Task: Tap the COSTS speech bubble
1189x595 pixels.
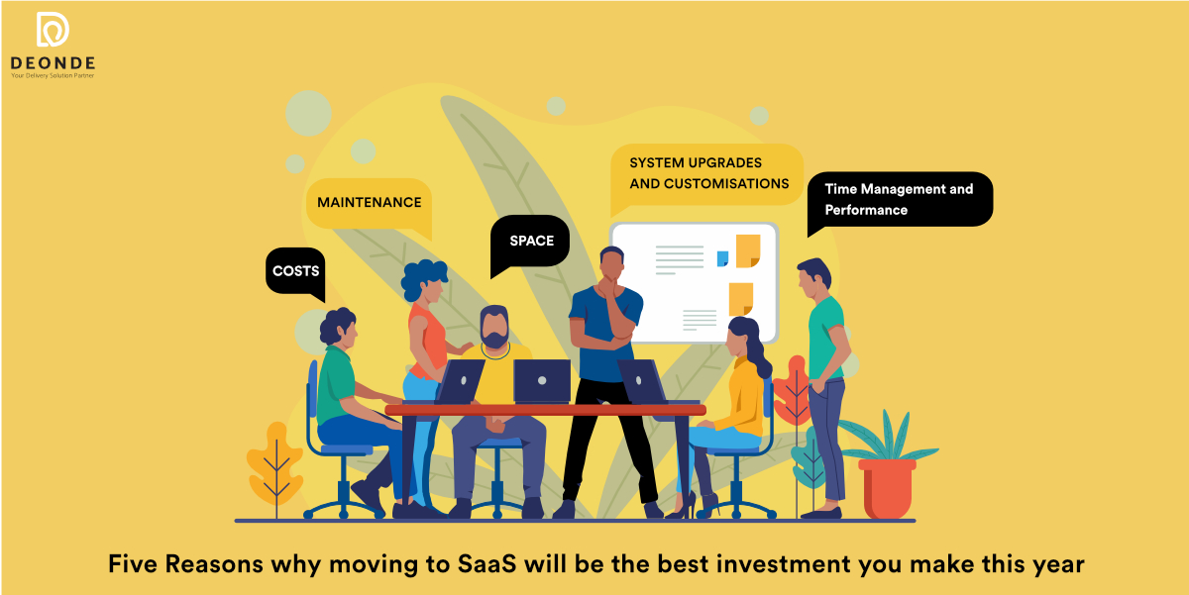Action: click(x=295, y=272)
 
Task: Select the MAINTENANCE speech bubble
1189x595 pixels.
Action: click(x=370, y=206)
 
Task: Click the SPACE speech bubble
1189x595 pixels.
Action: click(x=530, y=244)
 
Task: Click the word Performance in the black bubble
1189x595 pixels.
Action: click(x=866, y=210)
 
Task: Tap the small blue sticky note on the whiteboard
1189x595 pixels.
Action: click(x=722, y=258)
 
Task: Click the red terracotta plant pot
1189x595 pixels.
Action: click(x=887, y=488)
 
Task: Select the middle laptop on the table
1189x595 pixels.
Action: click(x=542, y=381)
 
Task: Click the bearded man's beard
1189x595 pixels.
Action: click(x=494, y=339)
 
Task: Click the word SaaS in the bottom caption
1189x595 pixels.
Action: click(x=486, y=563)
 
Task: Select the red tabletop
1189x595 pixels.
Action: click(x=545, y=410)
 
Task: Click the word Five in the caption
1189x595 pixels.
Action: click(x=133, y=563)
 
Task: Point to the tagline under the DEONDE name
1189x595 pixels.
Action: click(x=53, y=76)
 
